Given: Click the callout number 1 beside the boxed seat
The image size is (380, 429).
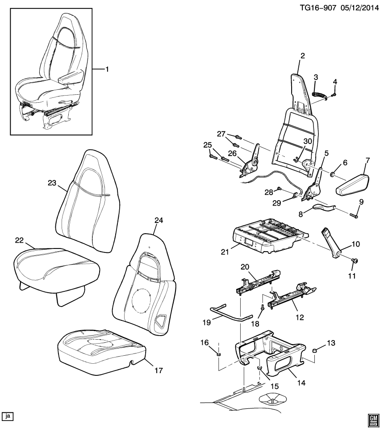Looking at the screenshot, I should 107,69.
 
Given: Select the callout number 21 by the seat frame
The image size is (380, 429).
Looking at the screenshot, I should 225,252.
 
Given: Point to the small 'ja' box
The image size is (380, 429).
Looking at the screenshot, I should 8,416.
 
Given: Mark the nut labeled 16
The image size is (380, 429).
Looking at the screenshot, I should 219,355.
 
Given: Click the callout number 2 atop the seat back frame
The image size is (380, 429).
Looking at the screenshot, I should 302,56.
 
